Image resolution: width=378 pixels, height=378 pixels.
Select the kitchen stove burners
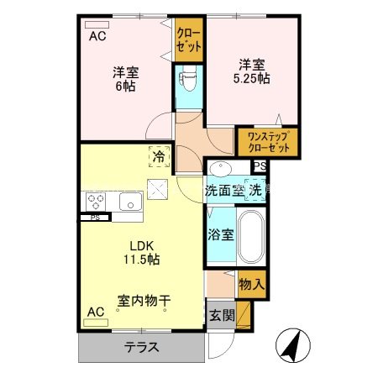(x=95, y=202)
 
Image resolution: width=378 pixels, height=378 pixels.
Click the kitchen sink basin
(x=129, y=202)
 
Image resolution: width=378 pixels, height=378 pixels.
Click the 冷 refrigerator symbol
(x=157, y=155)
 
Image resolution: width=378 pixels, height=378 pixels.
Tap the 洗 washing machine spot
(x=254, y=189)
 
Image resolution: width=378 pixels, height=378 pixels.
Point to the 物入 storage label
(x=251, y=284)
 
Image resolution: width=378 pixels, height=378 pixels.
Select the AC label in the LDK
(x=96, y=312)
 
